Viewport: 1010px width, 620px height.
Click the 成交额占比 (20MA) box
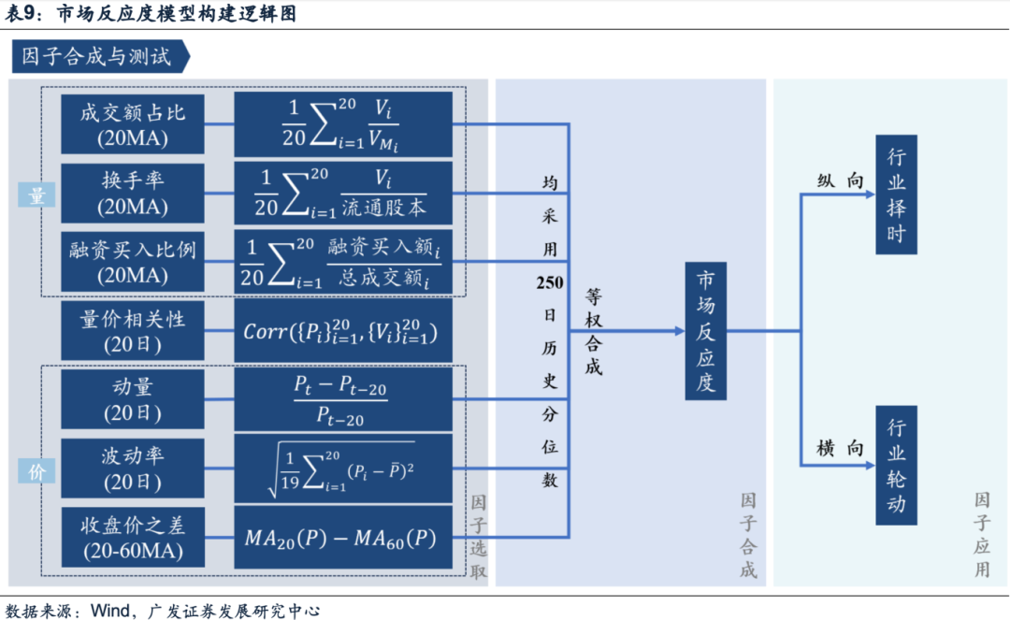point(133,123)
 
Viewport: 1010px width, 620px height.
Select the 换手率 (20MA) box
point(133,192)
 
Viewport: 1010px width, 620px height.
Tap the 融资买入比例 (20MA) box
point(133,261)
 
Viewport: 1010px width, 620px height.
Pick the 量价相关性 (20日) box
point(133,330)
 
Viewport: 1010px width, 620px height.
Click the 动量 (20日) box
point(133,398)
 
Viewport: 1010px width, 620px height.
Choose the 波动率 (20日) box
point(133,468)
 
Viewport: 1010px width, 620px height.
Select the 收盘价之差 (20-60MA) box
point(133,537)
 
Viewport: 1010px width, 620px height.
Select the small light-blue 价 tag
point(36,471)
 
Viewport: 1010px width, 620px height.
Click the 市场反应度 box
point(705,331)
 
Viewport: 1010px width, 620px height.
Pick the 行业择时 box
point(896,194)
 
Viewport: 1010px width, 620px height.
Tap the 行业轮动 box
point(896,465)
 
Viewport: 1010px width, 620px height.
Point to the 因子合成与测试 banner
point(98,57)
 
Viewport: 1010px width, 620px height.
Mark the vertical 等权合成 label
point(594,331)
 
